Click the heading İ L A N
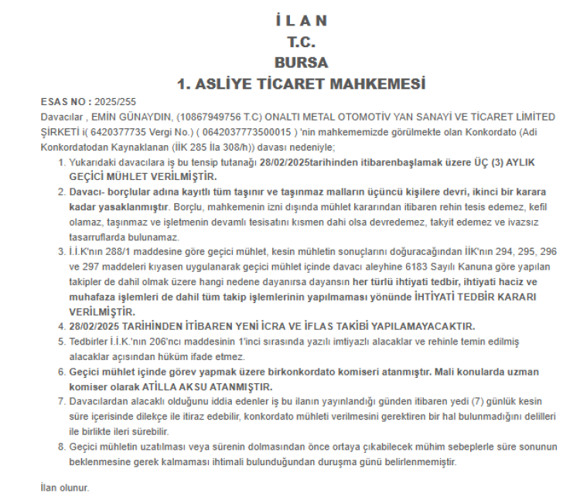(301, 21)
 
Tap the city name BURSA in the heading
(301, 63)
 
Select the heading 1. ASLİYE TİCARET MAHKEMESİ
(301, 83)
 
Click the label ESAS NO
(63, 102)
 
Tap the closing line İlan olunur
(65, 488)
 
